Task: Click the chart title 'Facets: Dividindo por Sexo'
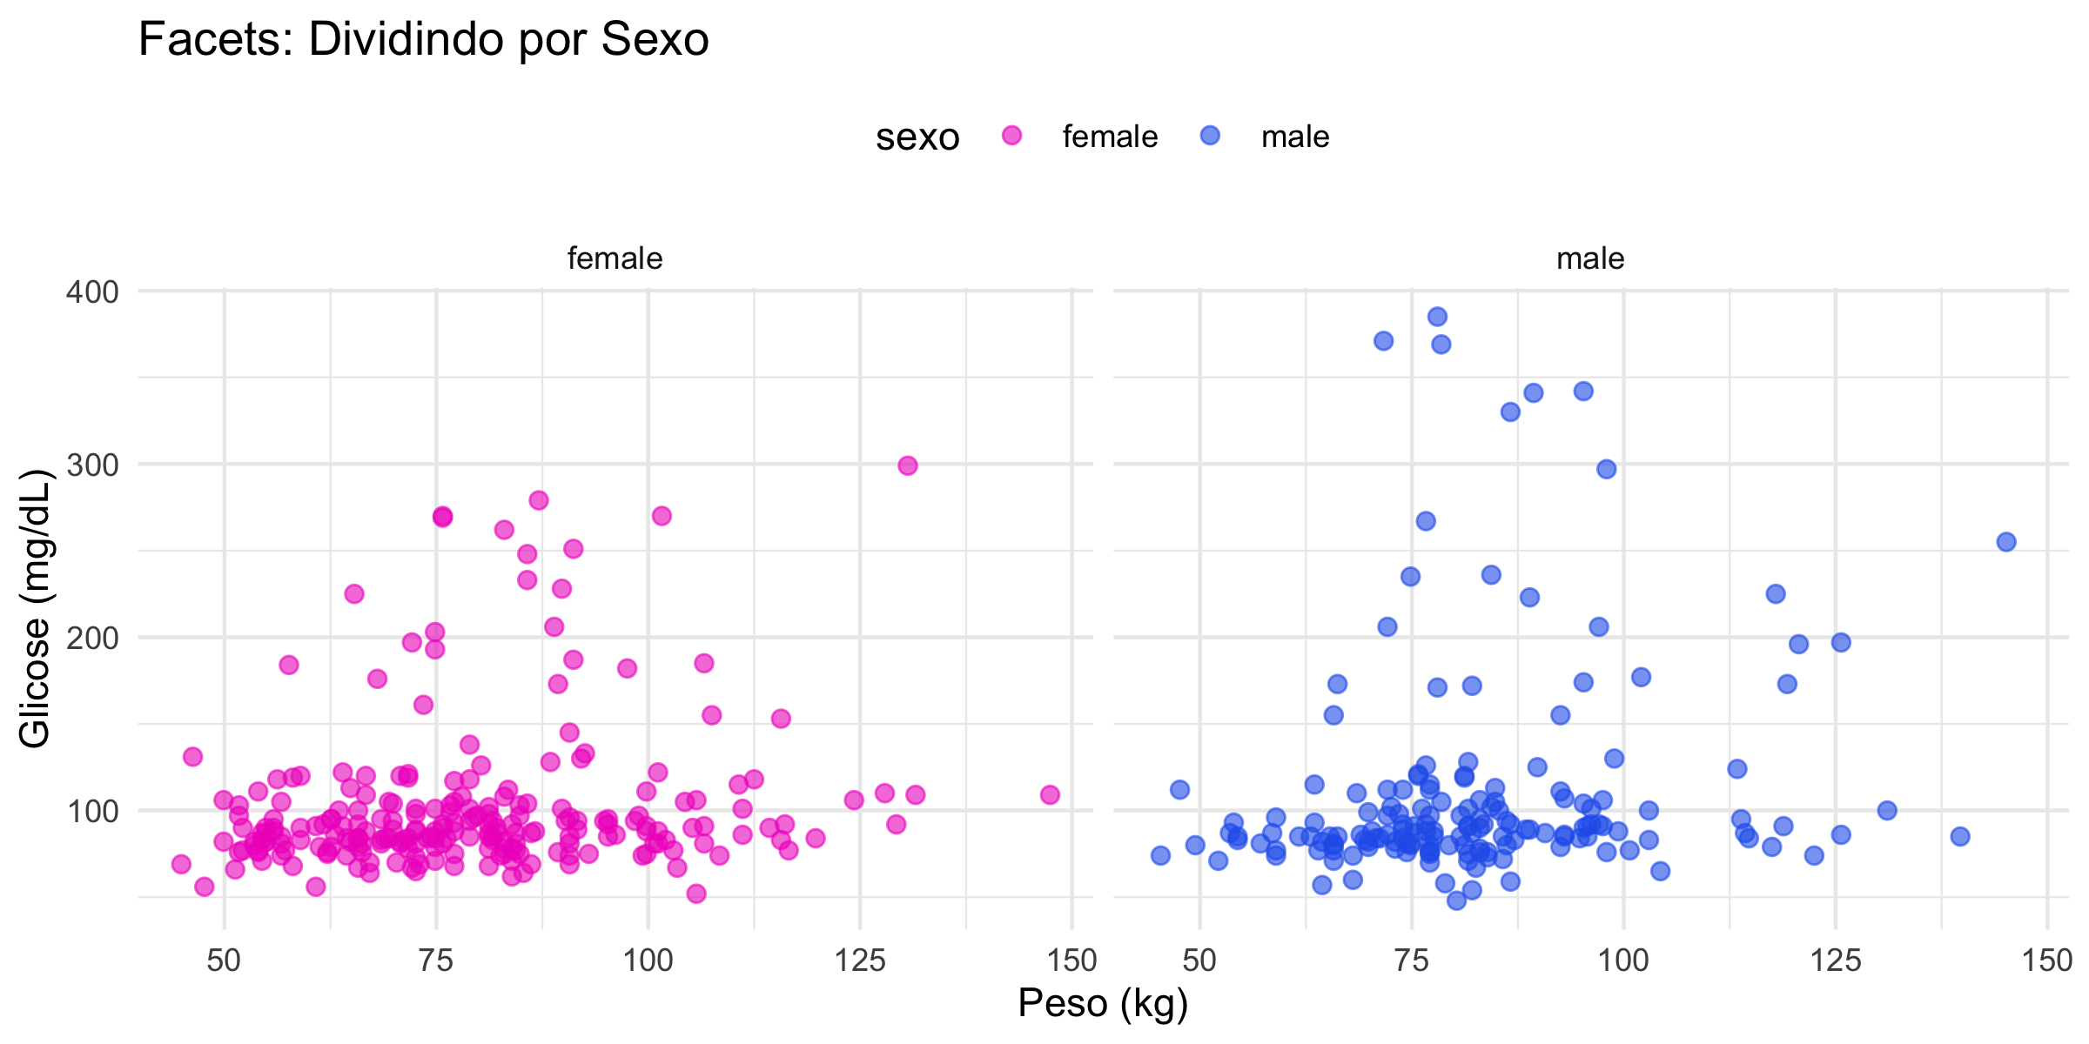(423, 40)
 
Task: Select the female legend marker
(1011, 136)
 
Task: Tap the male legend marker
(1210, 136)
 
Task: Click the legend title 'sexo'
(917, 137)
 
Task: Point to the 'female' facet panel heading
(615, 258)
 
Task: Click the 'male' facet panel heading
(1590, 258)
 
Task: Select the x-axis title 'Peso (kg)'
(1103, 1003)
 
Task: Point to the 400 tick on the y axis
(92, 291)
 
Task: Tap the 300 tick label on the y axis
(92, 465)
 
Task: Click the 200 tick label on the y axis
(92, 638)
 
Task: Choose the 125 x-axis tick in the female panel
(860, 960)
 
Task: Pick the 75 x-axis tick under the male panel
(1412, 960)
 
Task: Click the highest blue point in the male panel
(1437, 317)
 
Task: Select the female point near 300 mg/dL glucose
(908, 465)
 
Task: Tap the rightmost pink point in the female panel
(1050, 794)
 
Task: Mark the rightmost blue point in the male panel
(2006, 542)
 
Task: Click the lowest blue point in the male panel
(1456, 900)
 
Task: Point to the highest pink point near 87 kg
(539, 500)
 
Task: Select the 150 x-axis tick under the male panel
(2047, 960)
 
